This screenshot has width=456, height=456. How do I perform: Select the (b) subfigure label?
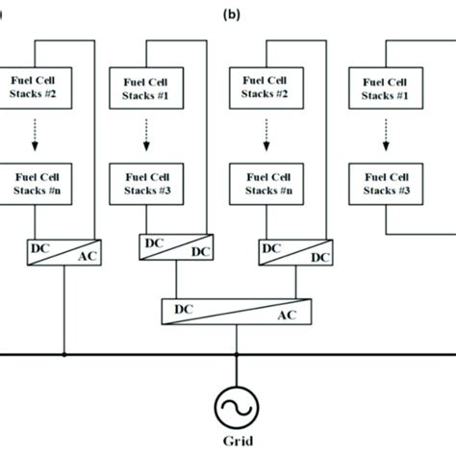coord(231,14)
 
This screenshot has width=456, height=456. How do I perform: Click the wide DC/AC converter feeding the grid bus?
coord(232,312)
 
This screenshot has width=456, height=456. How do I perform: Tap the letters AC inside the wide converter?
coord(286,317)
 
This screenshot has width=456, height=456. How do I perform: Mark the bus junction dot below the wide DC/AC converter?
coord(234,355)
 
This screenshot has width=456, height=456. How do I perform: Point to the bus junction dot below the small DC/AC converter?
coord(64,355)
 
